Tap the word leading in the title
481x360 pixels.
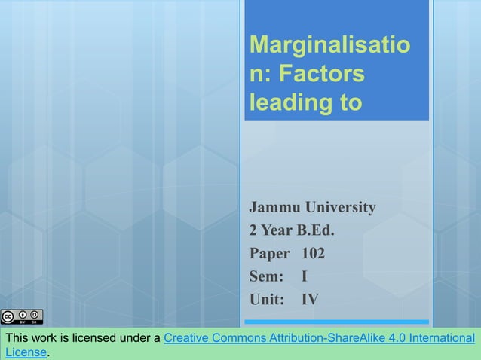pyautogui.click(x=283, y=103)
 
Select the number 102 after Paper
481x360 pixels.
pyautogui.click(x=313, y=253)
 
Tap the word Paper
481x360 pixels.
pyautogui.click(x=271, y=253)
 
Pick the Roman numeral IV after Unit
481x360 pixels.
pyautogui.click(x=310, y=300)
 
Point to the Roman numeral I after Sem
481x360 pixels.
pyautogui.click(x=305, y=276)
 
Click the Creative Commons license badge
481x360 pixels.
pyautogui.click(x=22, y=315)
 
